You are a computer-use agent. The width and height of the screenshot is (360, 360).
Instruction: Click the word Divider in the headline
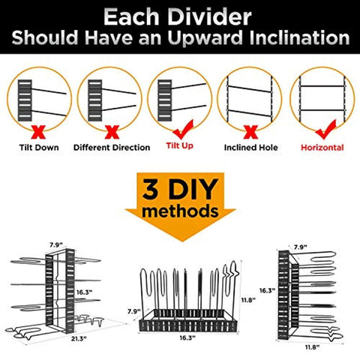pyautogui.click(x=209, y=17)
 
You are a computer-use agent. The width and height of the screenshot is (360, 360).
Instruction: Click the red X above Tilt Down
pyautogui.click(x=38, y=132)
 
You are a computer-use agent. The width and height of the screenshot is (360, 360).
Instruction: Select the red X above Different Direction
pyautogui.click(x=112, y=132)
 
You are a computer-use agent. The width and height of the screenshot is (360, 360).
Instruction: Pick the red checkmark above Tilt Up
pyautogui.click(x=184, y=130)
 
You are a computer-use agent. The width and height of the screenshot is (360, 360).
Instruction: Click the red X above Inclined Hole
pyautogui.click(x=250, y=132)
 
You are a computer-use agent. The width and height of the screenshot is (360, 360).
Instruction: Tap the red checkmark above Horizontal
pyautogui.click(x=326, y=130)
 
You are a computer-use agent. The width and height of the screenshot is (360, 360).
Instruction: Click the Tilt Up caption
pyautogui.click(x=180, y=145)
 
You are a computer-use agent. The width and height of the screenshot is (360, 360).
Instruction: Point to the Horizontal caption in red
pyautogui.click(x=322, y=148)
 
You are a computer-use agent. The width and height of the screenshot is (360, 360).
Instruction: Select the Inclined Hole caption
pyautogui.click(x=250, y=148)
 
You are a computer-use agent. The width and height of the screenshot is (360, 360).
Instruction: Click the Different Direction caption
pyautogui.click(x=112, y=148)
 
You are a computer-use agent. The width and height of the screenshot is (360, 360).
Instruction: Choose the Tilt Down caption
pyautogui.click(x=39, y=148)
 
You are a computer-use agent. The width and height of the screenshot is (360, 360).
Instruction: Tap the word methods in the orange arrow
pyautogui.click(x=180, y=211)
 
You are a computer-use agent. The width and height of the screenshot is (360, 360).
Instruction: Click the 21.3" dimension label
pyautogui.click(x=79, y=339)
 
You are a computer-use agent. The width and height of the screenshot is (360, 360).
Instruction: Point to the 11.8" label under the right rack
pyautogui.click(x=312, y=347)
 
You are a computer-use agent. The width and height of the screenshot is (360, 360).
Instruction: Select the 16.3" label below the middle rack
pyautogui.click(x=187, y=338)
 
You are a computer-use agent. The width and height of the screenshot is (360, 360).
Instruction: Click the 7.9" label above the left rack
pyautogui.click(x=55, y=245)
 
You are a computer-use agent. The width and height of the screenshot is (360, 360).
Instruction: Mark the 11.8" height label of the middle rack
pyautogui.click(x=248, y=300)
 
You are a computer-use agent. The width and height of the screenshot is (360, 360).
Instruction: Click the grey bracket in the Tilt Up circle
pyautogui.click(x=165, y=100)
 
